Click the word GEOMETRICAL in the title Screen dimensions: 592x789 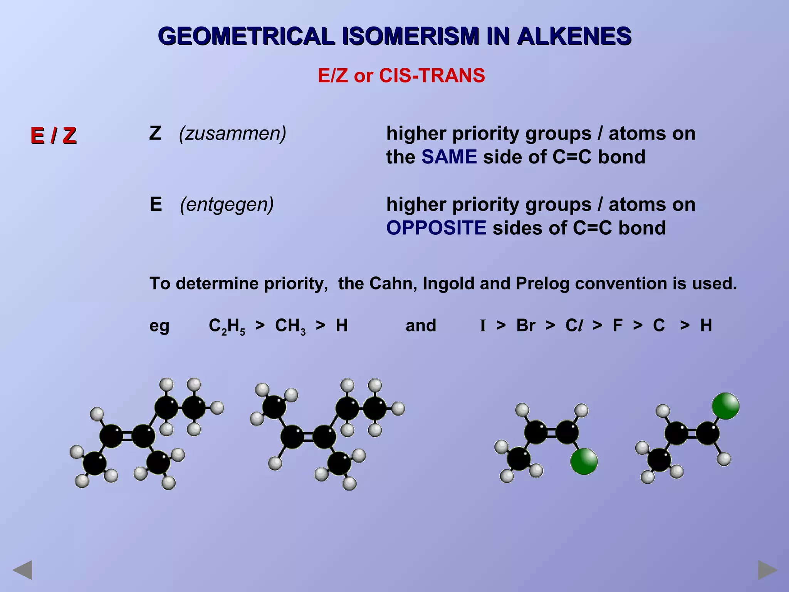click(x=246, y=37)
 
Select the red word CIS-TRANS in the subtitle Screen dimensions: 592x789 click(x=432, y=75)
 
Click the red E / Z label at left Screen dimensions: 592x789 click(x=54, y=136)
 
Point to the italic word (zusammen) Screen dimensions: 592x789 click(x=233, y=133)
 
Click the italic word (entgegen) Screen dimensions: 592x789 click(x=227, y=204)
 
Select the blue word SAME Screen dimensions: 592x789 click(x=449, y=157)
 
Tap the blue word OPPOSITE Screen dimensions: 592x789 click(x=436, y=228)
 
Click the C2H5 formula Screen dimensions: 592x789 click(x=227, y=326)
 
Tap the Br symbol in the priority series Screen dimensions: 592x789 click(x=525, y=325)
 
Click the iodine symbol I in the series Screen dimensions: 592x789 click(x=483, y=326)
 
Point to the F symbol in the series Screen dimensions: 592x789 click(x=617, y=325)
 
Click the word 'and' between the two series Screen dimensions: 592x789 click(x=421, y=325)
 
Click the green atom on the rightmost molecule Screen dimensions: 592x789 click(x=725, y=406)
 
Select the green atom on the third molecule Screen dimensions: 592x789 click(x=584, y=461)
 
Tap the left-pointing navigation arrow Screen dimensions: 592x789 click(x=22, y=570)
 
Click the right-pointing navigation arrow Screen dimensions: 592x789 click(x=767, y=570)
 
